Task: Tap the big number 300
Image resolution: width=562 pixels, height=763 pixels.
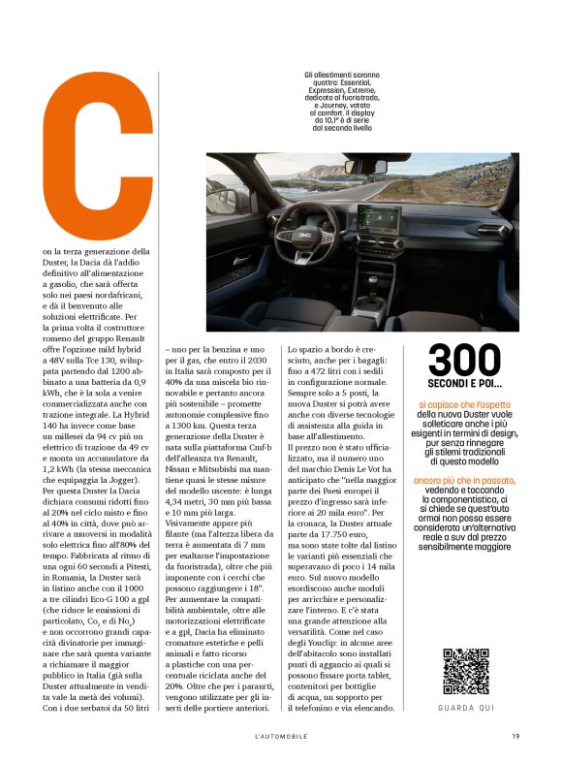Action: pyautogui.click(x=466, y=361)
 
